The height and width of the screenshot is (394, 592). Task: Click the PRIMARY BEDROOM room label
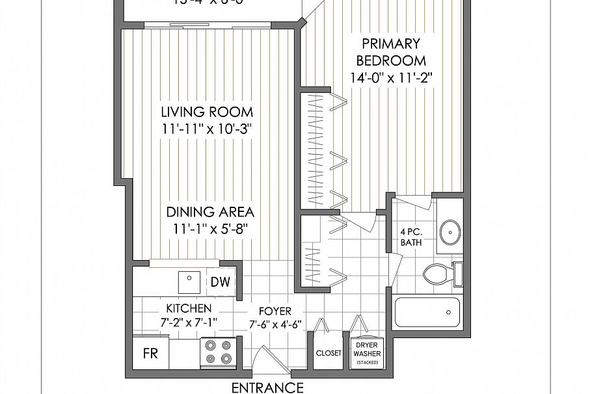(390, 53)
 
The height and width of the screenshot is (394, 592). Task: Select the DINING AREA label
(210, 212)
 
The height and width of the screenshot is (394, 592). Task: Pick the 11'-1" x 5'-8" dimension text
(210, 229)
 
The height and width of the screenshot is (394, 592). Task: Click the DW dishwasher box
(219, 282)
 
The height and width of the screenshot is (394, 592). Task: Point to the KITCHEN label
(188, 308)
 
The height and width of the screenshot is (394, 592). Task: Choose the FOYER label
(274, 311)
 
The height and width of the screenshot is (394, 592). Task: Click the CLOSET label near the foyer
(329, 353)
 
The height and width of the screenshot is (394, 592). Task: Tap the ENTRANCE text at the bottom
(267, 388)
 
